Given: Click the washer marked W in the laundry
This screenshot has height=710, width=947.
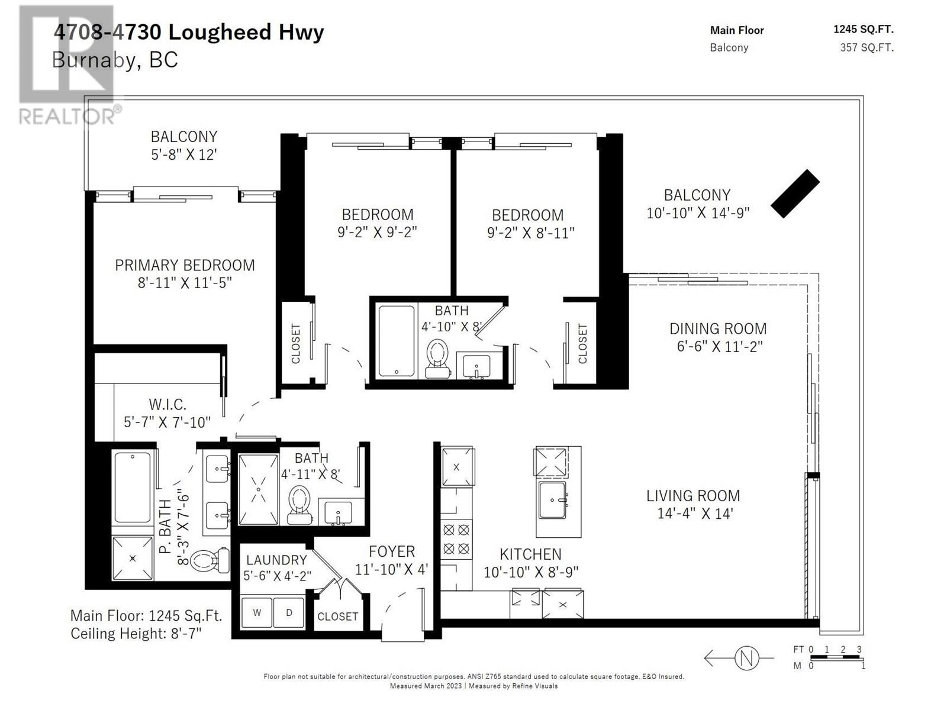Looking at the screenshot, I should click(x=257, y=612).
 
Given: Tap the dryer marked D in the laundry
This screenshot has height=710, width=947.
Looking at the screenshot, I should click(x=289, y=612).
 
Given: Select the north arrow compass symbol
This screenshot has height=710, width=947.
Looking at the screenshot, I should click(x=746, y=657).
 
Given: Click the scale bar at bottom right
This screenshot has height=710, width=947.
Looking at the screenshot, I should click(x=835, y=657).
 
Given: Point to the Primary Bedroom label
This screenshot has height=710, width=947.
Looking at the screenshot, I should click(x=185, y=265).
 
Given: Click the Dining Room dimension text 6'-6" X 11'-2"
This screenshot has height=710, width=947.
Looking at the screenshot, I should click(x=719, y=347).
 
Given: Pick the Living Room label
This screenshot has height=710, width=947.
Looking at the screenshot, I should click(x=692, y=496).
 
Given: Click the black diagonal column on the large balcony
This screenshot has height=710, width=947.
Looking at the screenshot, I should click(x=795, y=193).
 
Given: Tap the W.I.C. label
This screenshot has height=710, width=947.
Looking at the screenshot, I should click(x=168, y=405).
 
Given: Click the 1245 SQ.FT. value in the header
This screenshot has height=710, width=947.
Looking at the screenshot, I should click(x=863, y=30).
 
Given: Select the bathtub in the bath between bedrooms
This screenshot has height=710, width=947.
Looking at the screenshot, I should click(x=396, y=341).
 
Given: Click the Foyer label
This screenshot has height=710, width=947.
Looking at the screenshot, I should click(x=391, y=551).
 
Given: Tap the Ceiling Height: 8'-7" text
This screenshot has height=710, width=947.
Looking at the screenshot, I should click(x=136, y=634).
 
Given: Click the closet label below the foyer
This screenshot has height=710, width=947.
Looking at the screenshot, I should click(x=337, y=616).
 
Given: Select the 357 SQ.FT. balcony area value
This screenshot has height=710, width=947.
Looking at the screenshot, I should click(x=867, y=47).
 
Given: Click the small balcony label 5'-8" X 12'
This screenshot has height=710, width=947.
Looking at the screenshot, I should click(x=183, y=154).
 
